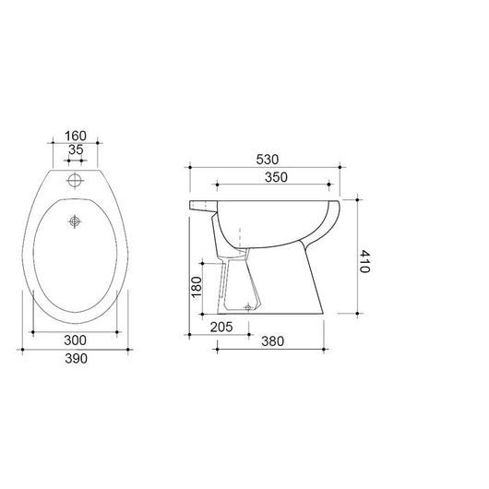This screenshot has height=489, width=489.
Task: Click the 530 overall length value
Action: pyautogui.click(x=265, y=158)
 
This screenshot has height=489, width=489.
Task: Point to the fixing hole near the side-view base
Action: pyautogui.click(x=248, y=305)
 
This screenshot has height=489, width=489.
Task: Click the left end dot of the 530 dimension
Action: pyautogui.click(x=190, y=167)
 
